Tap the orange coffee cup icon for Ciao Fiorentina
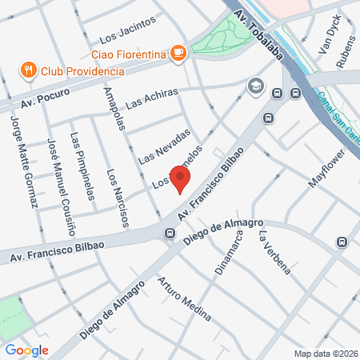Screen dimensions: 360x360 [x=178, y=54]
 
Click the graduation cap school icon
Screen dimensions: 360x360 [x=255, y=86]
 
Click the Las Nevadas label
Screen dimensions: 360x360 [x=164, y=147]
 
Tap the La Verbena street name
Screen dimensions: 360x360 [x=272, y=251]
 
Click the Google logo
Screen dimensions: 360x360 [x=26, y=350]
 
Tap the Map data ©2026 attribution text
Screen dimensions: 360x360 [x=323, y=354]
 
